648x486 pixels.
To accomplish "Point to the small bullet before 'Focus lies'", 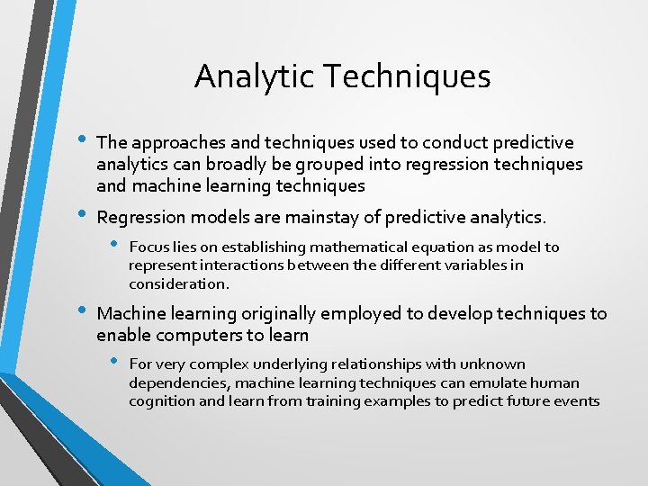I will click(x=112, y=246).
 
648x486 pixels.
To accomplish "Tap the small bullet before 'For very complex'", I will click(x=112, y=363).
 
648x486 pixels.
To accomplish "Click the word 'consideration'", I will click(x=177, y=283).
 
